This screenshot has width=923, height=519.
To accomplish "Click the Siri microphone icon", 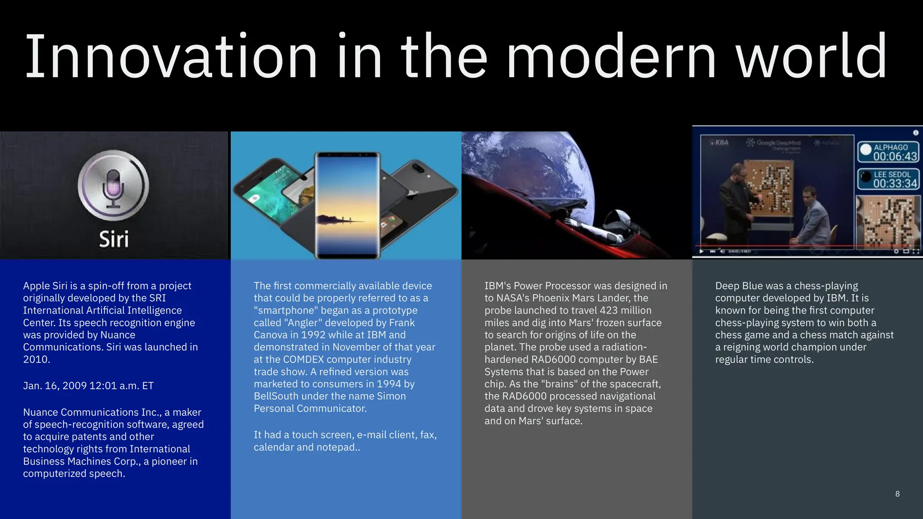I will pyautogui.click(x=113, y=186).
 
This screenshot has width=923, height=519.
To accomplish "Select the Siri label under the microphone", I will pyautogui.click(x=114, y=239).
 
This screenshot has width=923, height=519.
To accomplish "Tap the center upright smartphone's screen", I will pyautogui.click(x=347, y=205).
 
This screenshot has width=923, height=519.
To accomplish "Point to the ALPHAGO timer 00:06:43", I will pyautogui.click(x=895, y=156).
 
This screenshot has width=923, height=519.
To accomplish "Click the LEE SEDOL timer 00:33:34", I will pyautogui.click(x=895, y=183).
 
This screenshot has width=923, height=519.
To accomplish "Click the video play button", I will pyautogui.click(x=701, y=251).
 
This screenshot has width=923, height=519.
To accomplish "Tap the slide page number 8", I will pyautogui.click(x=897, y=494).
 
